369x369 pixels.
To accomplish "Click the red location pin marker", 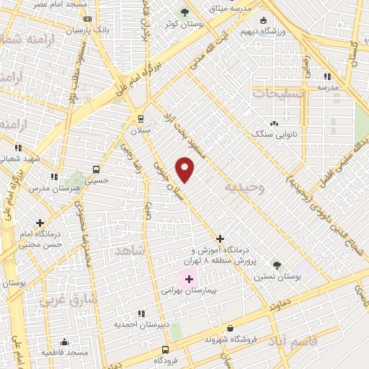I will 186,170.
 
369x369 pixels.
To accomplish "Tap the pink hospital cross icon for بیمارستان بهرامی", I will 189,279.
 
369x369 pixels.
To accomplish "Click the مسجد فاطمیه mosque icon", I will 64,342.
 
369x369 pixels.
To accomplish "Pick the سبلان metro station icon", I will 139,117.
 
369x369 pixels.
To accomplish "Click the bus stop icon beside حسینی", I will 96,170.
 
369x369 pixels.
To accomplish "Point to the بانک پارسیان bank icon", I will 87,19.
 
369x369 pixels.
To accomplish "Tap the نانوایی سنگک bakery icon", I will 273,123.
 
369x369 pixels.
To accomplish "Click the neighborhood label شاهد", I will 129,249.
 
